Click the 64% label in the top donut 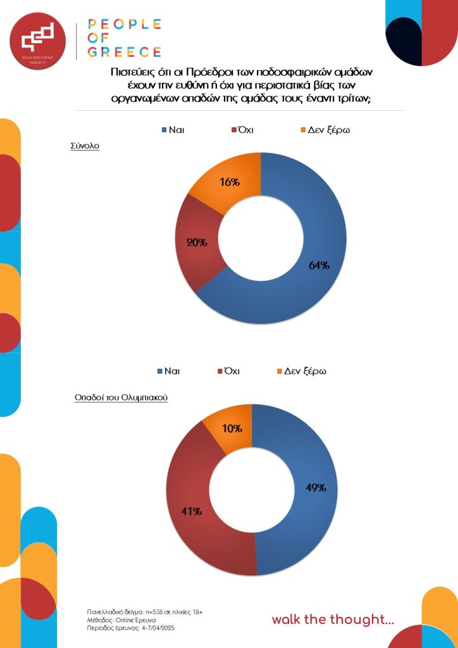(319, 265)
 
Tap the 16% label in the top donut (230, 182)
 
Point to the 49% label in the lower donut (315, 487)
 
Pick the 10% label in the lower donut (232, 428)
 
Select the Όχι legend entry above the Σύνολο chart (242, 130)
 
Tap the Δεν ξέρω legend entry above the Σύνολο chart (325, 130)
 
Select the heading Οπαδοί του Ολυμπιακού (120, 399)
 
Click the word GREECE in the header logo (124, 51)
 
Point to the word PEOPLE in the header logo (124, 25)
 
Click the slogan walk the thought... (333, 620)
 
